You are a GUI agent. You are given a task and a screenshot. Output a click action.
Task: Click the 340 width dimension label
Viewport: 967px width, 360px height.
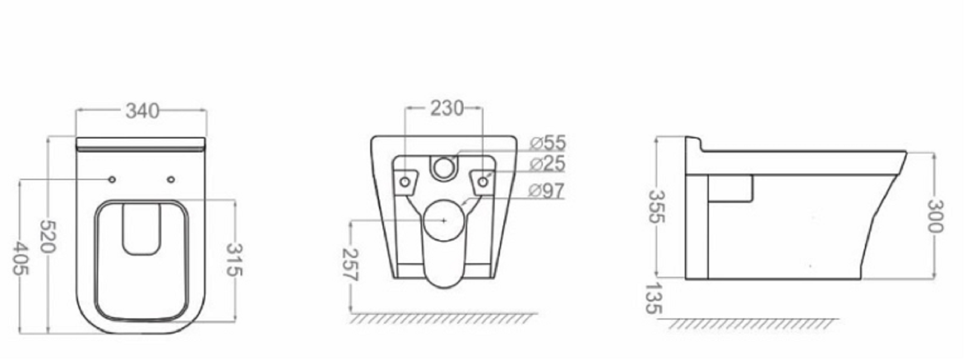click(x=142, y=111)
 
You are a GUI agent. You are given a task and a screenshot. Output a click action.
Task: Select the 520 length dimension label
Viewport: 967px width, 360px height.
click(x=48, y=236)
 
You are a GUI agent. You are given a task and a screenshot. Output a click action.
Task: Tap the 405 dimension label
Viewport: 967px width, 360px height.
click(x=20, y=259)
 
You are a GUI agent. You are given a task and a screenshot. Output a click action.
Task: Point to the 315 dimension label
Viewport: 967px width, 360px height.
click(x=234, y=260)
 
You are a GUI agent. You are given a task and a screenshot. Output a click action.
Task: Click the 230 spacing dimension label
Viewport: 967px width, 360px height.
click(x=447, y=108)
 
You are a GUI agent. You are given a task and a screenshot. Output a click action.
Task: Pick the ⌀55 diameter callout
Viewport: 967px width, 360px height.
click(x=548, y=143)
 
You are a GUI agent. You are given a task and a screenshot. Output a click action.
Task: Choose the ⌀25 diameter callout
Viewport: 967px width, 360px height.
click(x=548, y=164)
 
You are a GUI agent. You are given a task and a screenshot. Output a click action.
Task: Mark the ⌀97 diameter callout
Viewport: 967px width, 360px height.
click(x=547, y=191)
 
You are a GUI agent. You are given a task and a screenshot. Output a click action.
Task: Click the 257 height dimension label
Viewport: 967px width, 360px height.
click(x=350, y=265)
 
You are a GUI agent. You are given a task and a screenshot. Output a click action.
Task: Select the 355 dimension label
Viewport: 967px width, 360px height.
click(x=657, y=206)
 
